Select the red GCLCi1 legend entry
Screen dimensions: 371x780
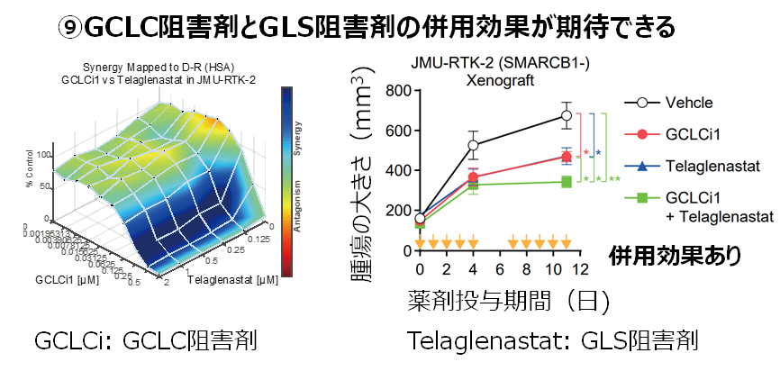(694, 134)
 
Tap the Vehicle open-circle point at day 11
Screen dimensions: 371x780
(567, 115)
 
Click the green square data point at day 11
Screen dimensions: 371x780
(567, 182)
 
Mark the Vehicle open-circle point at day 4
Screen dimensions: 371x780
(473, 145)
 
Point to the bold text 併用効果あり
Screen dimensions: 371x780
(676, 256)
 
